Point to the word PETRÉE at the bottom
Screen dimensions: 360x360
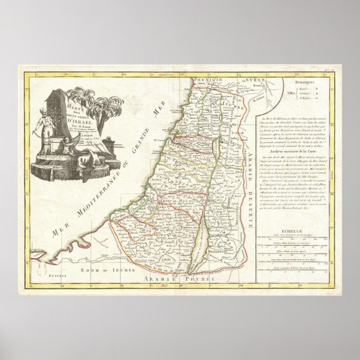coord(198,277)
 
